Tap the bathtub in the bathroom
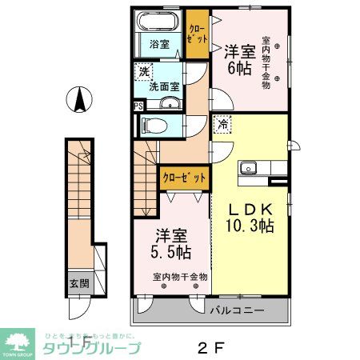tap(158, 22)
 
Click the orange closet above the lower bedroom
tap(184, 177)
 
